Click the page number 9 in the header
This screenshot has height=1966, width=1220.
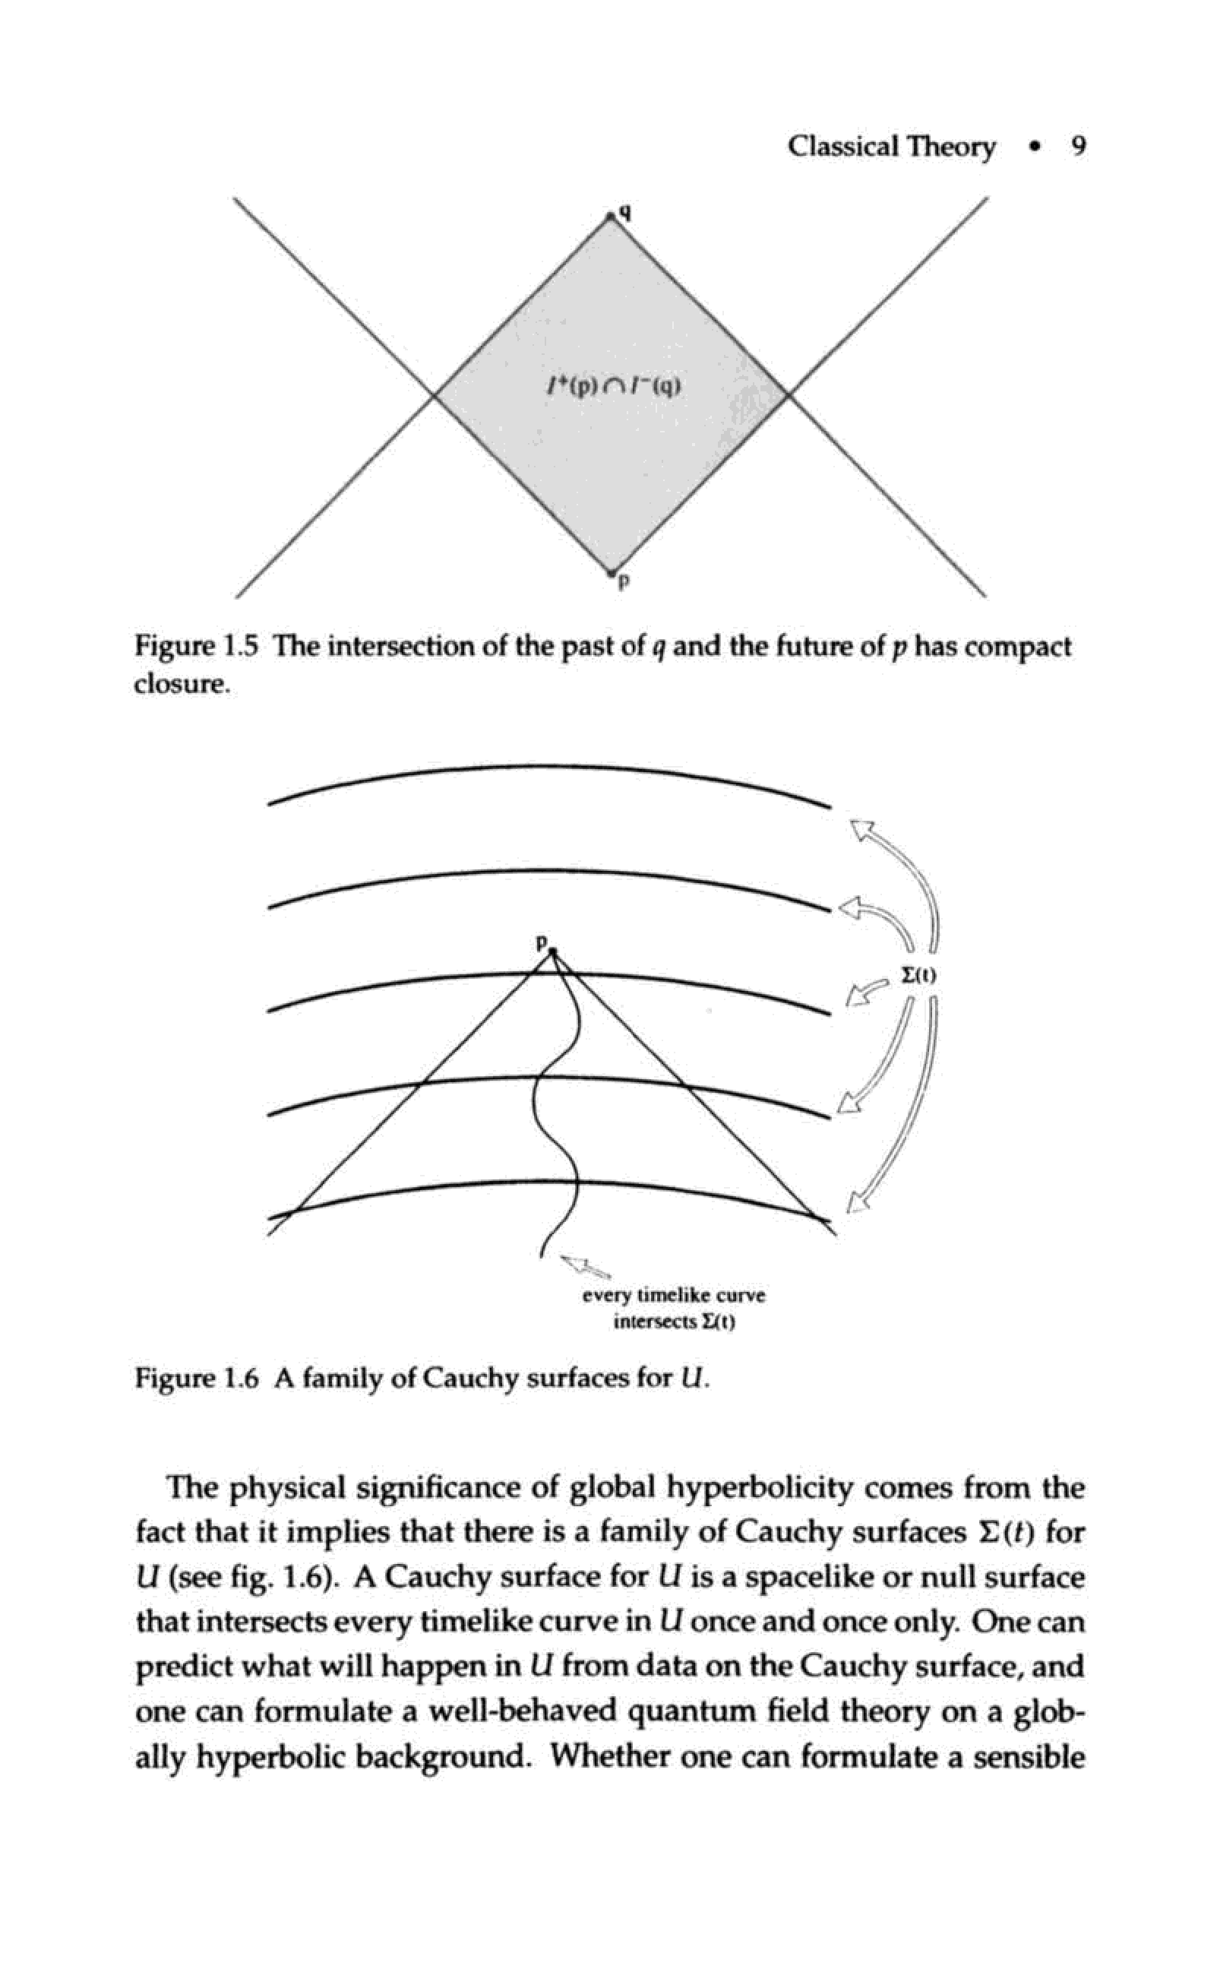[1078, 147]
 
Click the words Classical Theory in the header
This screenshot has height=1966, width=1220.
[891, 147]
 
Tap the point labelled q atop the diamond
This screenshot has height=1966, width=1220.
[612, 217]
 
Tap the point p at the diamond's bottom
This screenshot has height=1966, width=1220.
[612, 573]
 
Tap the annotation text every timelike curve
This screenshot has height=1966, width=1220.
[674, 1296]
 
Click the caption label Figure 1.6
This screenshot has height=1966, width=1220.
[196, 1378]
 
